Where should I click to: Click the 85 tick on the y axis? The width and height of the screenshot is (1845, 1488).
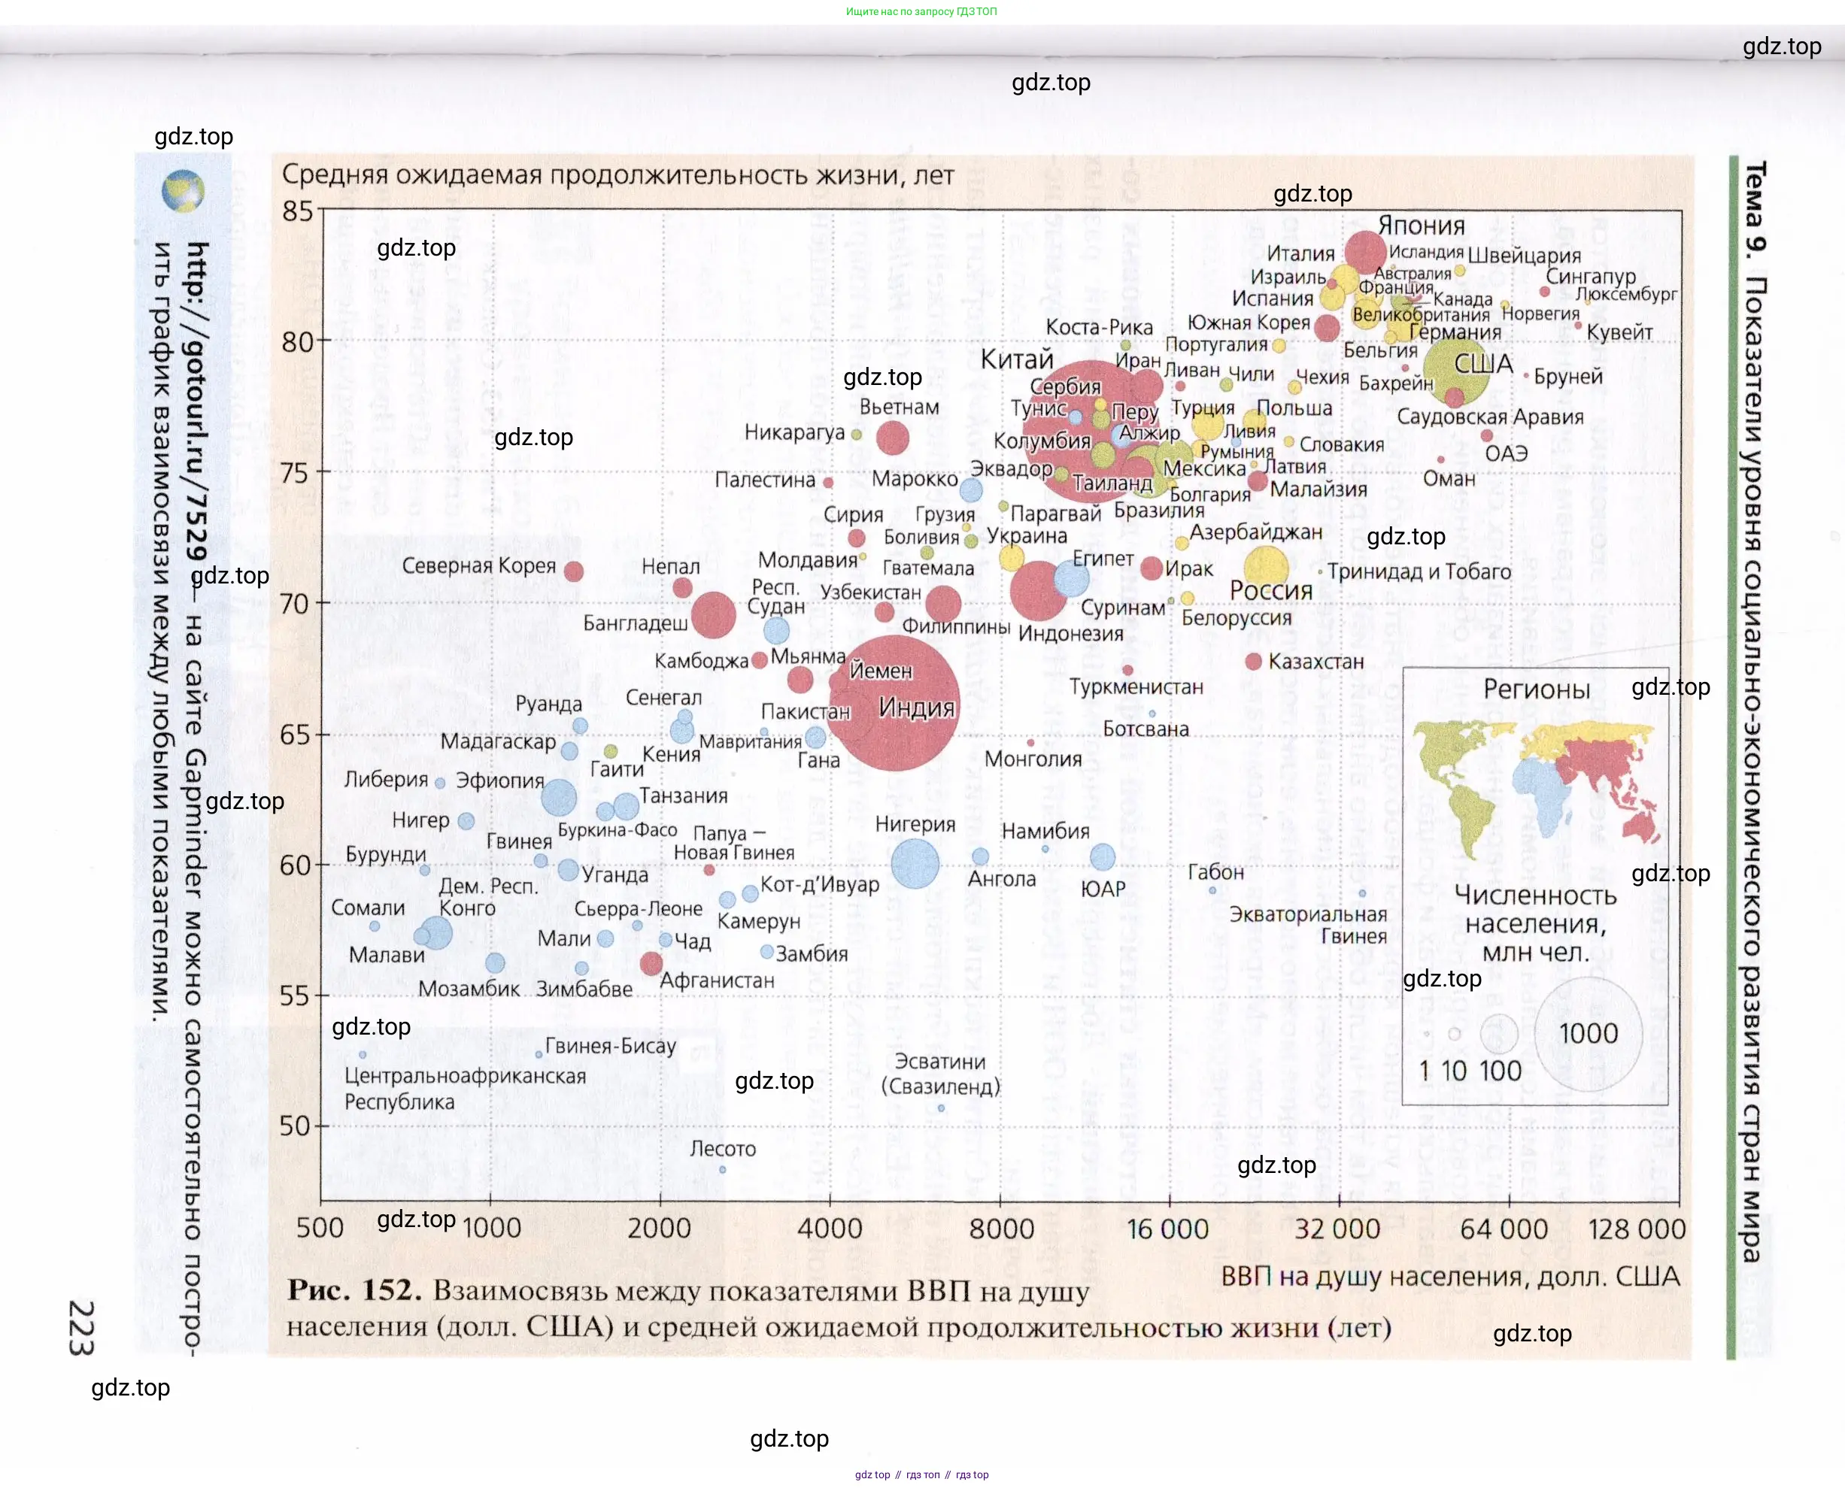298,211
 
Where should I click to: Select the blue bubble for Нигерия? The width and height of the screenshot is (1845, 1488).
915,863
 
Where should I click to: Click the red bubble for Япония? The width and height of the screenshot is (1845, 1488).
1365,251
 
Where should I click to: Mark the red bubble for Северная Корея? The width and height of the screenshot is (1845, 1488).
574,571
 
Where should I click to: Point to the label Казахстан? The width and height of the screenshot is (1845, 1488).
1315,662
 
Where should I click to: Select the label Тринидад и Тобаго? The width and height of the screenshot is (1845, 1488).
1419,571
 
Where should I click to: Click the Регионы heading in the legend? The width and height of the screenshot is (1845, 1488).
1537,689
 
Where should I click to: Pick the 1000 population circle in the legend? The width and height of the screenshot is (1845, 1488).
1588,1034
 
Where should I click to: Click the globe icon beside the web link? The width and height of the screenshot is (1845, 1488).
183,190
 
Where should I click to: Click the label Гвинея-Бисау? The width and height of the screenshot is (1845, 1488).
611,1046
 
